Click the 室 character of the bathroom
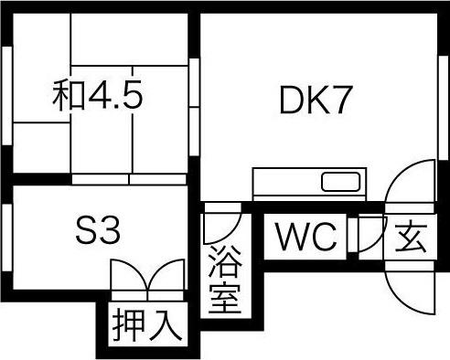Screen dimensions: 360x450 (223, 298)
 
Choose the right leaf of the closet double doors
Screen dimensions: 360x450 (163, 277)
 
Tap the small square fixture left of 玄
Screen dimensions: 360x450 (370, 235)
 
